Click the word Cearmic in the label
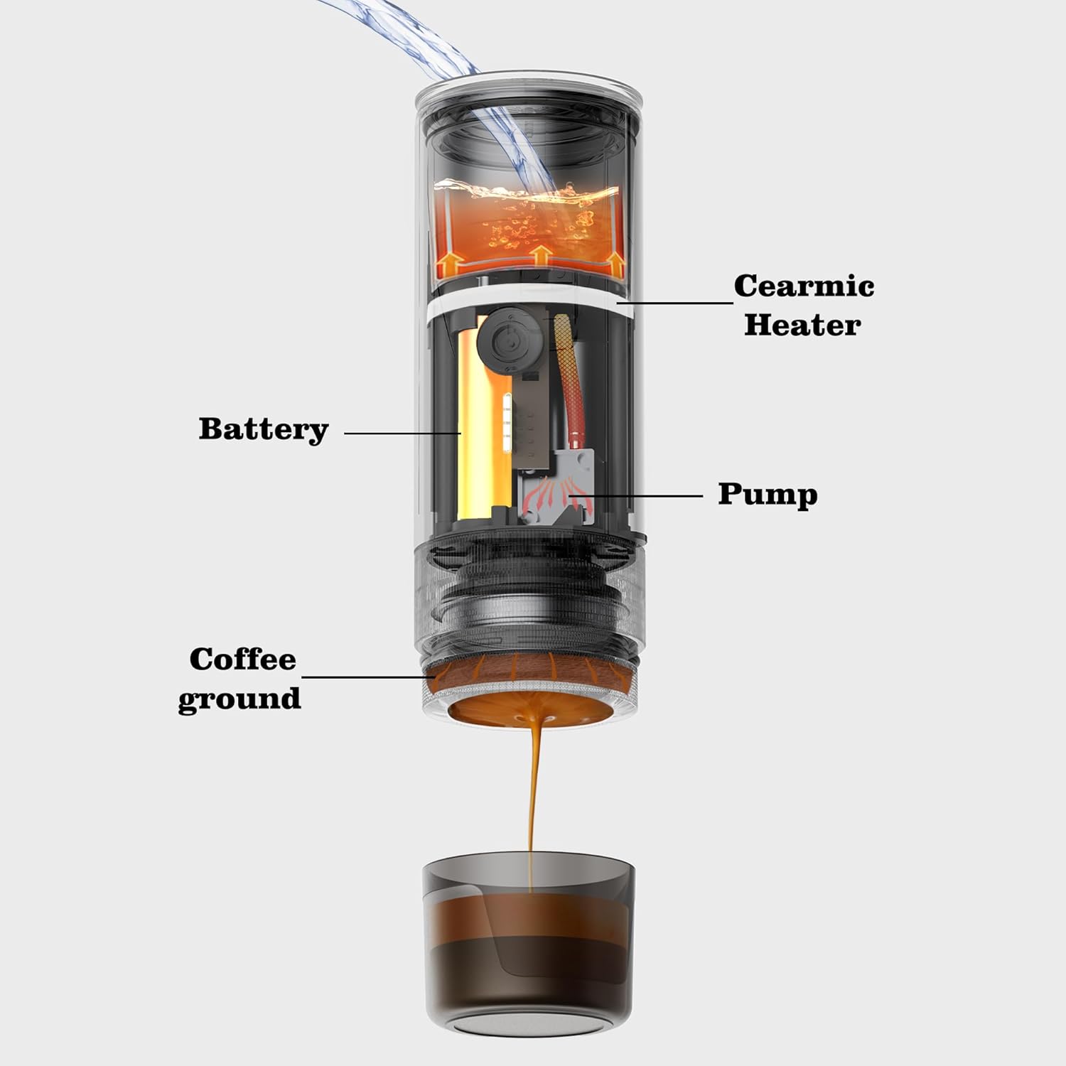click(804, 286)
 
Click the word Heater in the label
click(802, 325)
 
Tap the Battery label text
click(264, 429)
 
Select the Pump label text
click(768, 495)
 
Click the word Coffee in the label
click(242, 659)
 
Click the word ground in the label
click(239, 699)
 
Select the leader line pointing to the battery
click(402, 432)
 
